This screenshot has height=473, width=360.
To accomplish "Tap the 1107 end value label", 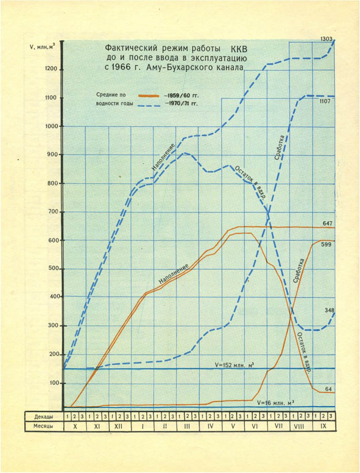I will pos(325,102).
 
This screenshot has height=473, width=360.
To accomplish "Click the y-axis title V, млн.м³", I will pos(43,48).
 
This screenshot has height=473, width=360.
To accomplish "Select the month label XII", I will pos(119,426).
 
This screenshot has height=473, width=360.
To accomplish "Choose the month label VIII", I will pos(301,426).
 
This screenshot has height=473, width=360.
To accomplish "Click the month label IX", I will pos(323,426).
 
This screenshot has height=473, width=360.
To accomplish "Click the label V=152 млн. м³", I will pos(236,364).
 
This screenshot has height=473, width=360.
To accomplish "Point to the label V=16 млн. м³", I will pos(275,403).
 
